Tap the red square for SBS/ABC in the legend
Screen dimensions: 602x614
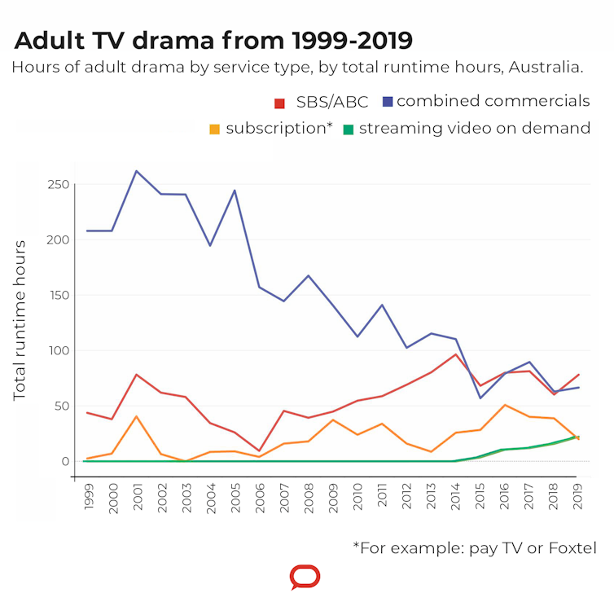279,103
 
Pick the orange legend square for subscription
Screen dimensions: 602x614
215,130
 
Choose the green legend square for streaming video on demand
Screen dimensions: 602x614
348,130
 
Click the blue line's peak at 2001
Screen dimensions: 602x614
137,171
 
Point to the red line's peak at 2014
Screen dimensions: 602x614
455,354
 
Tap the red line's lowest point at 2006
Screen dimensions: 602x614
260,451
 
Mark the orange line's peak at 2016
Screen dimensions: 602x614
504,405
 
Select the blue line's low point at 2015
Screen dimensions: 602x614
480,398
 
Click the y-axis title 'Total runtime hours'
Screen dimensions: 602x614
20,320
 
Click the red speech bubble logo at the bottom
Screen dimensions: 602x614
305,578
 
